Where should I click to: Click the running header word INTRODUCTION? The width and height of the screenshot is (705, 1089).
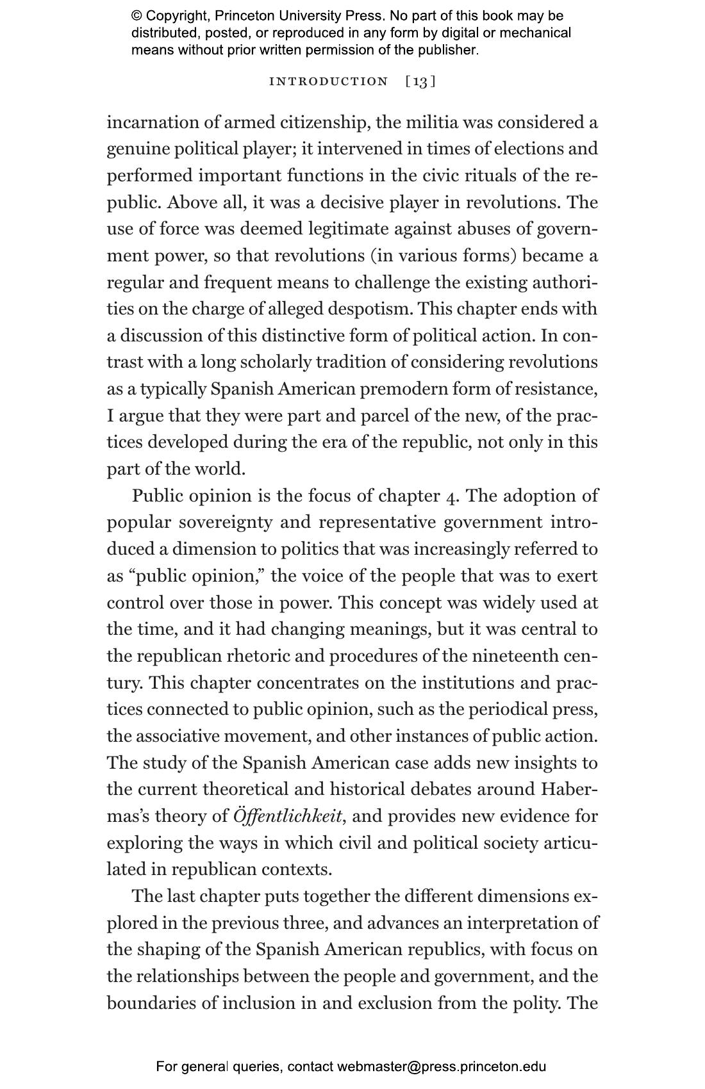pyautogui.click(x=329, y=81)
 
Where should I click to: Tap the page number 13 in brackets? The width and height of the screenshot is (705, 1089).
pyautogui.click(x=420, y=81)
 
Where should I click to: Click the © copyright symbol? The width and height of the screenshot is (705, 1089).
pyautogui.click(x=137, y=16)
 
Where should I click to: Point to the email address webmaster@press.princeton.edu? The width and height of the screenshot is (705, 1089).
pyautogui.click(x=442, y=1067)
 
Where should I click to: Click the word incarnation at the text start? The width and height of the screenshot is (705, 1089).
pyautogui.click(x=153, y=122)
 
